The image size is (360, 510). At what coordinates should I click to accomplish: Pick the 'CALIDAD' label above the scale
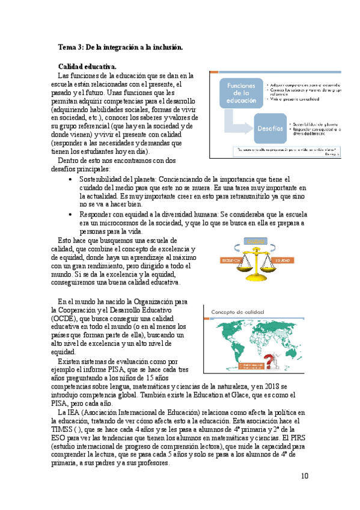point(255,241)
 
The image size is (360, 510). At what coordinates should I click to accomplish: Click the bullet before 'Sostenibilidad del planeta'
point(72,179)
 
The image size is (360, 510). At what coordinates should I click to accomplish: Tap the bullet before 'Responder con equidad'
point(72,214)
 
